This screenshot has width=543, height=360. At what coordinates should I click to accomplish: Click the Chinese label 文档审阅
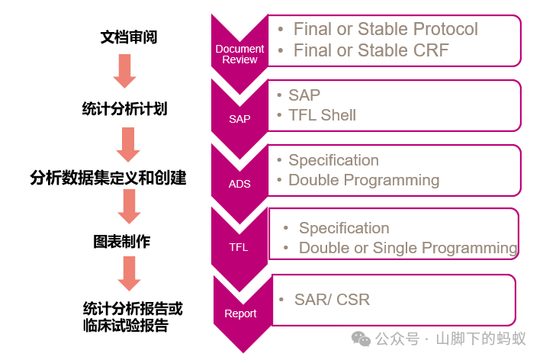click(x=129, y=37)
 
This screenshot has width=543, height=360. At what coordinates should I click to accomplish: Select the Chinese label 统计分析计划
click(x=124, y=108)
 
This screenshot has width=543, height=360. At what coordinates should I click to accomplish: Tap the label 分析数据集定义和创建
click(x=108, y=178)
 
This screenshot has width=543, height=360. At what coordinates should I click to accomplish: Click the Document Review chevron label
click(x=239, y=54)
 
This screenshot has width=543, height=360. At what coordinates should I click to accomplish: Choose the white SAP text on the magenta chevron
click(x=239, y=119)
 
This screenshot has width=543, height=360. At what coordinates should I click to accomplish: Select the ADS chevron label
click(x=239, y=184)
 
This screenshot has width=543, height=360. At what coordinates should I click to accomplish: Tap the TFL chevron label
click(x=239, y=247)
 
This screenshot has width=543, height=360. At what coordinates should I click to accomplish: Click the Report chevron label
click(x=240, y=313)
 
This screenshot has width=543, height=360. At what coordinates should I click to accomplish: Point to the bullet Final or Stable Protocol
click(x=385, y=30)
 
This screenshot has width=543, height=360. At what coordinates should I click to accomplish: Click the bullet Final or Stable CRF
click(x=371, y=51)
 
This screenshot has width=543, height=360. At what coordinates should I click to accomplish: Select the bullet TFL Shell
click(x=322, y=116)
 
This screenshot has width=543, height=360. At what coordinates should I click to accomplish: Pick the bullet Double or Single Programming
click(x=408, y=248)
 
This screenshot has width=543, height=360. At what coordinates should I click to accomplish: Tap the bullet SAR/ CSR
click(x=332, y=300)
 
